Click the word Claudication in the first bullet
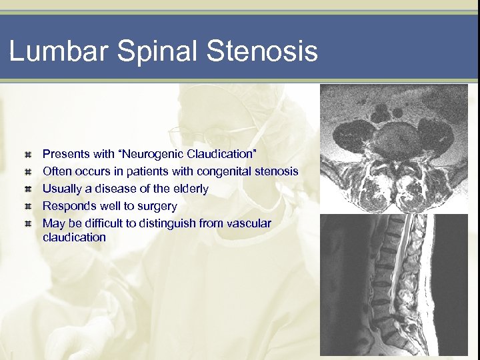tap(217, 154)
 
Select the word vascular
tap(248, 223)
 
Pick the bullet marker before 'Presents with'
tap(27, 155)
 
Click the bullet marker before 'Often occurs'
tap(27, 172)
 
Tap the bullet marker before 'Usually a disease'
tap(27, 189)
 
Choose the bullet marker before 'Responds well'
tap(27, 207)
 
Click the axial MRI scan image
tap(397, 148)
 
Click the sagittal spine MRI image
tap(397, 285)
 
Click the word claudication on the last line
tap(74, 237)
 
